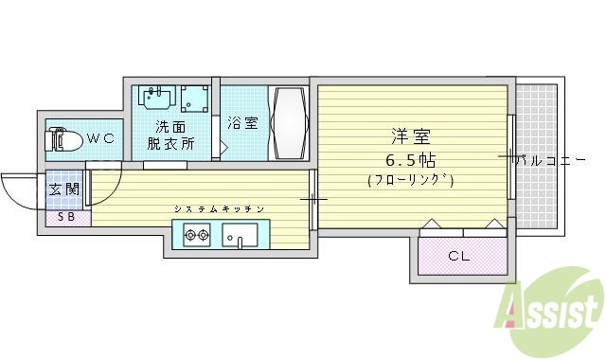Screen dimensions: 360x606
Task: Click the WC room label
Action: pyautogui.click(x=100, y=138)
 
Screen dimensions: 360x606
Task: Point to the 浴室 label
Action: pyautogui.click(x=241, y=122)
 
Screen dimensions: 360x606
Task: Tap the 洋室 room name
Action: pyautogui.click(x=406, y=136)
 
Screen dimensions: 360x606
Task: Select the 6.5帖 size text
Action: pyautogui.click(x=409, y=158)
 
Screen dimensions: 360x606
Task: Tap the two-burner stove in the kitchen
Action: pyautogui.click(x=197, y=234)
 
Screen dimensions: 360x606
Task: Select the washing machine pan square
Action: pyautogui.click(x=196, y=98)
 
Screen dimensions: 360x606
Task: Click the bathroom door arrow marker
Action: pyautogui.click(x=224, y=147)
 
